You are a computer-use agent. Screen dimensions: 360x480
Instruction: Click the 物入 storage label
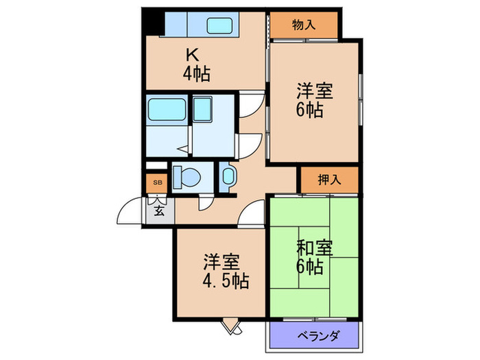304,25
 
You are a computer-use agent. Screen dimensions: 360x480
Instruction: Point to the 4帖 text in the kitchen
196,73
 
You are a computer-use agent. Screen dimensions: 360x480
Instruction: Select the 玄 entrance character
159,210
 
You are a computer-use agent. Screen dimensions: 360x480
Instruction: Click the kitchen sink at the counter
221,25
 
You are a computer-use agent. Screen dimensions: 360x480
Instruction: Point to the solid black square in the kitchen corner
150,23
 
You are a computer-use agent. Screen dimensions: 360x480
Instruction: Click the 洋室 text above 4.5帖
221,262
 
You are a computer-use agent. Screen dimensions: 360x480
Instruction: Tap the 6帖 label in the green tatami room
311,266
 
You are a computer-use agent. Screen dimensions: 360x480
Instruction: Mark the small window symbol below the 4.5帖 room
232,327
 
